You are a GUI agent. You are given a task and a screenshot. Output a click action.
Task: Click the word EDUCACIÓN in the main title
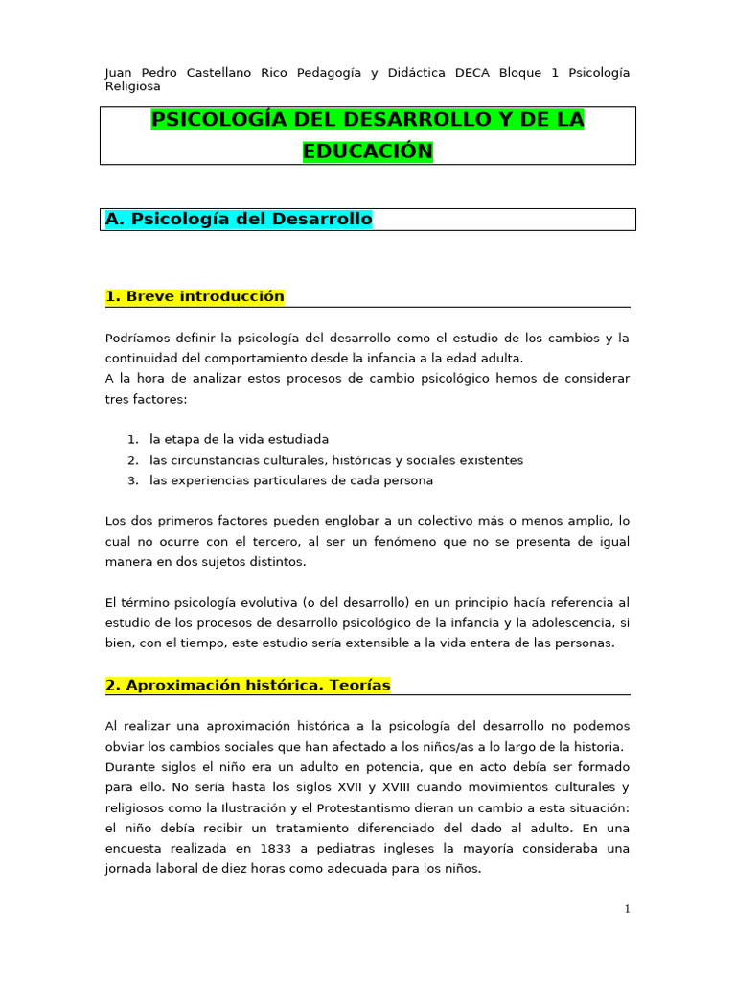[x=368, y=152]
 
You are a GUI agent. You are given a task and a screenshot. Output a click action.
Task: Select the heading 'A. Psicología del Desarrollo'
[x=238, y=220]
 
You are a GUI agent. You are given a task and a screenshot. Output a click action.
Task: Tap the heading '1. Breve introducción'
[x=195, y=296]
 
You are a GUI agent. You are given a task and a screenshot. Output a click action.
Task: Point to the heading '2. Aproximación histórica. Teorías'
[x=247, y=686]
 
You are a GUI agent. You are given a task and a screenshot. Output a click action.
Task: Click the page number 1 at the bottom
[x=627, y=909]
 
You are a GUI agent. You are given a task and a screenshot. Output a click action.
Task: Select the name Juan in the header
[x=120, y=73]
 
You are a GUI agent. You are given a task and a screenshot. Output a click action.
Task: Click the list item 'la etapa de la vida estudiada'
[x=239, y=439]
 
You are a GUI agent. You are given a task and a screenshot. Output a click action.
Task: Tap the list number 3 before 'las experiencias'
[x=132, y=480]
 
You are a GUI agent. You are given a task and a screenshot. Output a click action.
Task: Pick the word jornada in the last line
[x=130, y=869]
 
